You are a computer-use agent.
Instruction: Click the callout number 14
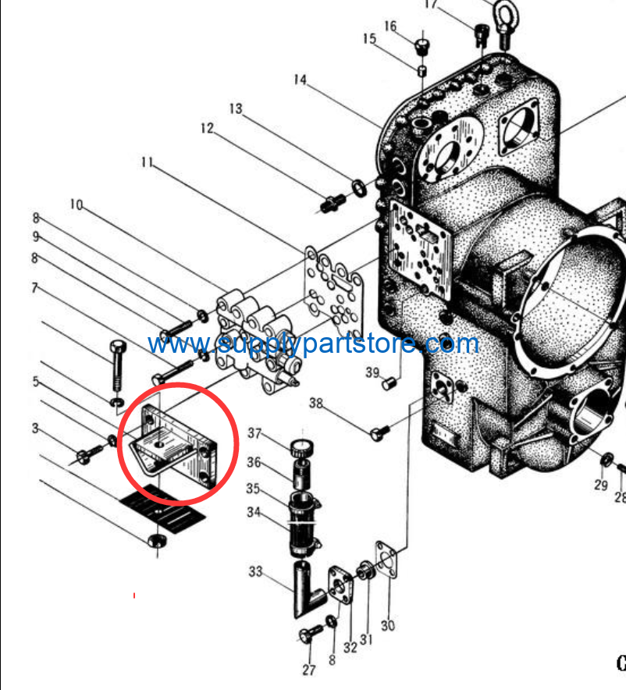pyautogui.click(x=300, y=80)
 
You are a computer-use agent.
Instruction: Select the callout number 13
pyautogui.click(x=236, y=108)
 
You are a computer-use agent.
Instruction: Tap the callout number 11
pyautogui.click(x=147, y=162)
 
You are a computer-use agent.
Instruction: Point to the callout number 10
pyautogui.click(x=76, y=205)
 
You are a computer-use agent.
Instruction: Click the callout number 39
pyautogui.click(x=372, y=373)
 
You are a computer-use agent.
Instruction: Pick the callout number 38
pyautogui.click(x=316, y=403)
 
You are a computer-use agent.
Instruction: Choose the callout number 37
pyautogui.click(x=254, y=433)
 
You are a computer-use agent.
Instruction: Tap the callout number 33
pyautogui.click(x=255, y=571)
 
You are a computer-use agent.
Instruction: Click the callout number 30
pyautogui.click(x=388, y=625)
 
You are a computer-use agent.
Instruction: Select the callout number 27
pyautogui.click(x=309, y=670)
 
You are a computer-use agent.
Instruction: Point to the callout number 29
pyautogui.click(x=601, y=485)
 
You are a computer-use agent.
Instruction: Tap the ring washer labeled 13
pyautogui.click(x=359, y=188)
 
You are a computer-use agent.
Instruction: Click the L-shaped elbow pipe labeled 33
pyautogui.click(x=308, y=589)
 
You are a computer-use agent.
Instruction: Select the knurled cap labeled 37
pyautogui.click(x=302, y=448)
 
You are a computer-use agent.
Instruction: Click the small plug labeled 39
pyautogui.click(x=389, y=384)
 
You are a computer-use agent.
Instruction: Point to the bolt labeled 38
pyautogui.click(x=379, y=432)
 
